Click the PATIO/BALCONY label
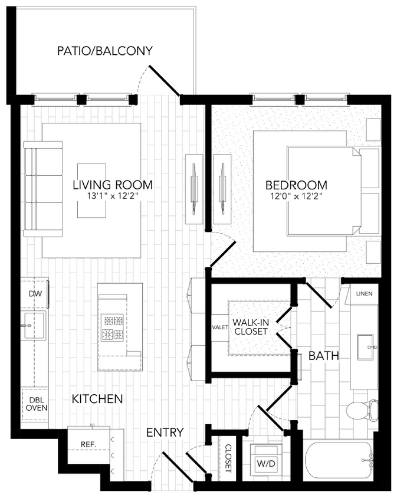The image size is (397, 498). point(105,51)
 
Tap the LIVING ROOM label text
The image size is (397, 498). point(112,185)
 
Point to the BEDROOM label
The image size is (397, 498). point(296,185)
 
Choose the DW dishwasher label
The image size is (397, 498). point(34,293)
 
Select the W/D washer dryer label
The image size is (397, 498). point(266,464)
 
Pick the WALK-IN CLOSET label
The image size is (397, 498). point(252,327)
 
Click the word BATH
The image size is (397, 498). point(324,356)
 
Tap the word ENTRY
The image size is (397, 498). point(165,433)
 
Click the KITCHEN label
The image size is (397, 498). point(97,399)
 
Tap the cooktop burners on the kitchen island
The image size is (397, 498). point(113,327)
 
